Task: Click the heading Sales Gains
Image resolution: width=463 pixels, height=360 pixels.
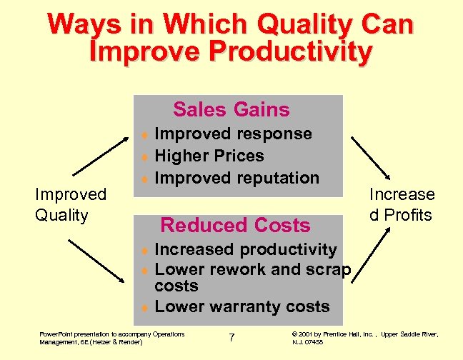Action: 231,109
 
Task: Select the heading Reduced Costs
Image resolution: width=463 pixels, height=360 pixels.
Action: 235,225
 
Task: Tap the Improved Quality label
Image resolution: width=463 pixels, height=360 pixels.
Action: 71,204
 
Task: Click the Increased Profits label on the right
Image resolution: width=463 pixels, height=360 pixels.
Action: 402,204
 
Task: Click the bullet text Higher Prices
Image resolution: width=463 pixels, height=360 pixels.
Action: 209,156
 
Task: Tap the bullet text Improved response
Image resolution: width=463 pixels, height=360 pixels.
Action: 233,134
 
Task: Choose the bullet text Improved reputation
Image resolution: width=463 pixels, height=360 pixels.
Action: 237,178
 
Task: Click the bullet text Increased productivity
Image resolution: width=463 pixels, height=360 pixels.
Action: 245,249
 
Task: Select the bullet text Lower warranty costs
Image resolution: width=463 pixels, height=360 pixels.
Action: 242,307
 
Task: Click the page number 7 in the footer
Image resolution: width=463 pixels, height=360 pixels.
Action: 231,337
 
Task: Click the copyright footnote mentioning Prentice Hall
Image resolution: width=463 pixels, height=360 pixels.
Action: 364,337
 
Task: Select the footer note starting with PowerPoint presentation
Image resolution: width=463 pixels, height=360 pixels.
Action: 111,337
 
